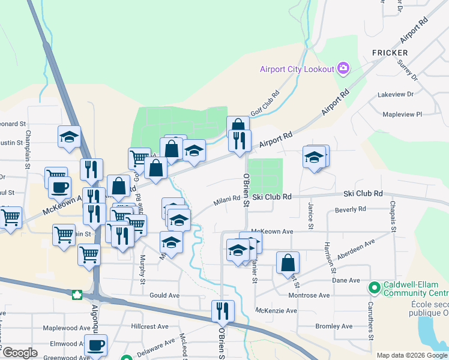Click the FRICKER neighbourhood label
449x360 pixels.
390,53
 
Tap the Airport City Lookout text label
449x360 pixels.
297,69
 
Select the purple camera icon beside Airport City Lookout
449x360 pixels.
343,68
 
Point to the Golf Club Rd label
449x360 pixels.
265,103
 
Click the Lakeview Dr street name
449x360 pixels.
396,95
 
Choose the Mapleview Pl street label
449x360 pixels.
402,113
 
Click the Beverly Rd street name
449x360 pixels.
351,209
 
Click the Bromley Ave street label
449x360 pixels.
334,326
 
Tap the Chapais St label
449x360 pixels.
393,217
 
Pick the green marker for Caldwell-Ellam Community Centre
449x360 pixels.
375,289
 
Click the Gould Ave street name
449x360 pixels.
164,296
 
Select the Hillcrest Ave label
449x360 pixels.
149,326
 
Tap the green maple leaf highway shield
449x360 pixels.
77,295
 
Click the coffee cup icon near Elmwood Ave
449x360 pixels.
96,346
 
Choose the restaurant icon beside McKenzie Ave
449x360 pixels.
223,311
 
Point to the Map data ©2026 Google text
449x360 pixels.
411,355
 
